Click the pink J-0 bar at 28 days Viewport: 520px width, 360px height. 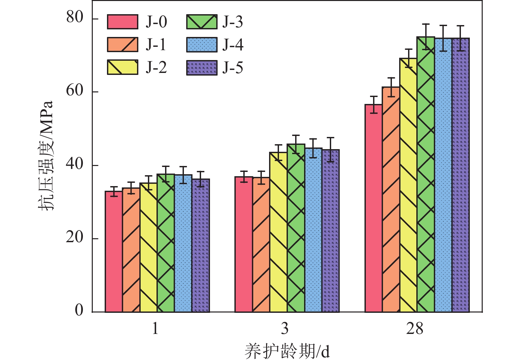(x=373, y=208)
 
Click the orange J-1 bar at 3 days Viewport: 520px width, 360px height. (x=261, y=245)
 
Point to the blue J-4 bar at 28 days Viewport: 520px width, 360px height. (x=443, y=175)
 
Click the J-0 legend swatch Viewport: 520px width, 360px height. (x=122, y=22)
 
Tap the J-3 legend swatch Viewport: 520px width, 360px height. (x=202, y=22)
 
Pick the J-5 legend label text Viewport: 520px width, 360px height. (x=233, y=68)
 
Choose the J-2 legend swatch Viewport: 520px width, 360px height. (x=122, y=67)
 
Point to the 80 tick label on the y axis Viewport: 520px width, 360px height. (x=75, y=17)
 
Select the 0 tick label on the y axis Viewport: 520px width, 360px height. (x=79, y=310)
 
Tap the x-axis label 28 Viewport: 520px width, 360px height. (x=415, y=329)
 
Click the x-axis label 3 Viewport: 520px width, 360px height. (x=285, y=329)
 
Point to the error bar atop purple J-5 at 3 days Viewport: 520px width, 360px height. (x=330, y=149)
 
